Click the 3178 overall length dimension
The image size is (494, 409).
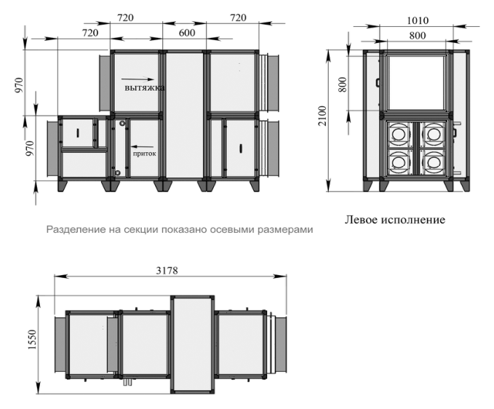tap(167, 270)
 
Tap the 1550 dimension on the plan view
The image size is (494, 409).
tap(33, 339)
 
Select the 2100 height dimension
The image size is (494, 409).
tap(322, 116)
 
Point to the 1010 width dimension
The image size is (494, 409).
tap(418, 20)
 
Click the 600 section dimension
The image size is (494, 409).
tap(187, 33)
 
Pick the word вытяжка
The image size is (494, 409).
tap(145, 87)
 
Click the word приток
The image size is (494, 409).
tap(144, 154)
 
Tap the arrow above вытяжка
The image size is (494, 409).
tap(138, 79)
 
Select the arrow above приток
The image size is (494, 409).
tap(143, 146)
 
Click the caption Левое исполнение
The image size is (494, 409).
tap(395, 220)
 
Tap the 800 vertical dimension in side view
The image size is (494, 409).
tap(343, 84)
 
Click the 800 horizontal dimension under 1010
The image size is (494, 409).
tap(418, 36)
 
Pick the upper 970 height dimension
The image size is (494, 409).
tap(19, 84)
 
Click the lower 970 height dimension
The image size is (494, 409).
tap(29, 148)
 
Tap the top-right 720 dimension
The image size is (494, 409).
tap(238, 17)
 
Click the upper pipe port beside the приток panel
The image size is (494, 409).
tap(122, 123)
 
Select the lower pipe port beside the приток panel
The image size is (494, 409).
tap(118, 172)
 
